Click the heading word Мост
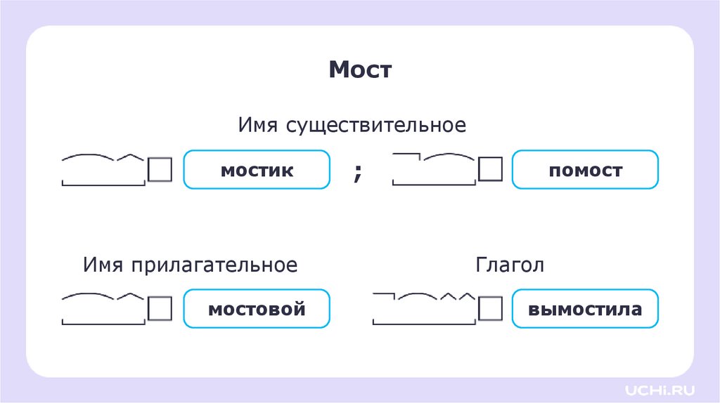pos(359,70)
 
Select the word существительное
pos(375,126)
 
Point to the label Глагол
pos(510,265)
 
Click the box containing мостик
pos(257,170)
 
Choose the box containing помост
pos(585,170)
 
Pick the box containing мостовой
pos(257,308)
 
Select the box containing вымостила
pos(585,308)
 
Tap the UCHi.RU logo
pos(652,388)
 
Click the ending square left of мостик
pos(160,169)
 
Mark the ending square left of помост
pos(490,169)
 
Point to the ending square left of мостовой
pos(160,308)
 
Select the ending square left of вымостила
pos(490,308)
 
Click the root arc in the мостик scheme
pos(89,156)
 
